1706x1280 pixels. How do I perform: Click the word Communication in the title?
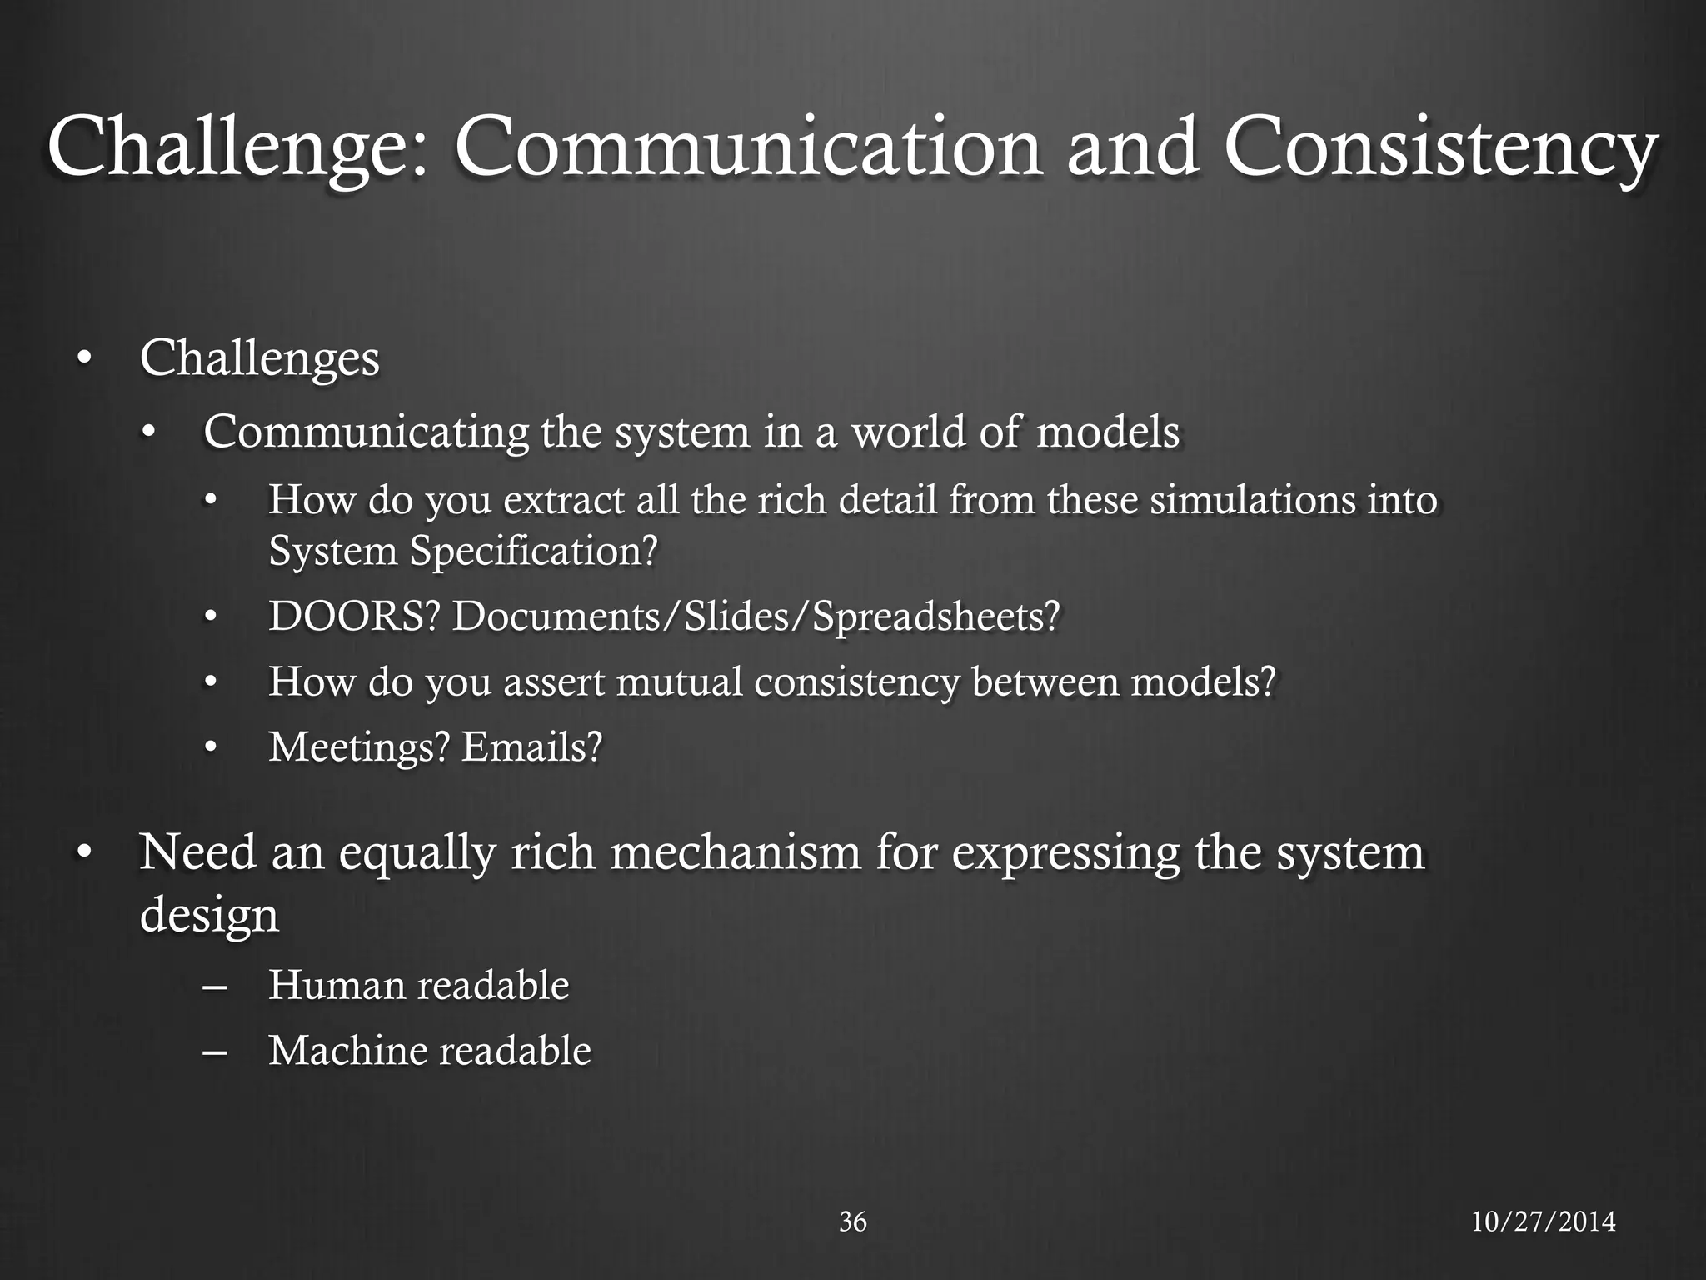pos(747,148)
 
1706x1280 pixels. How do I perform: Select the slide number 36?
pos(853,1222)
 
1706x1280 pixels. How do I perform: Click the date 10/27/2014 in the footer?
pos(1543,1222)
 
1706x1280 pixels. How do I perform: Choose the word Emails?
pos(531,746)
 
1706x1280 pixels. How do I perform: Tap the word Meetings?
pos(359,746)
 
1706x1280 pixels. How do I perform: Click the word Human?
pos(336,985)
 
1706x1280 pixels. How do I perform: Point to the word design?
pos(209,915)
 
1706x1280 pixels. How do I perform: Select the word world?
pos(909,432)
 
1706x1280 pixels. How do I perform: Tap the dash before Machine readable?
pos(215,1052)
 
